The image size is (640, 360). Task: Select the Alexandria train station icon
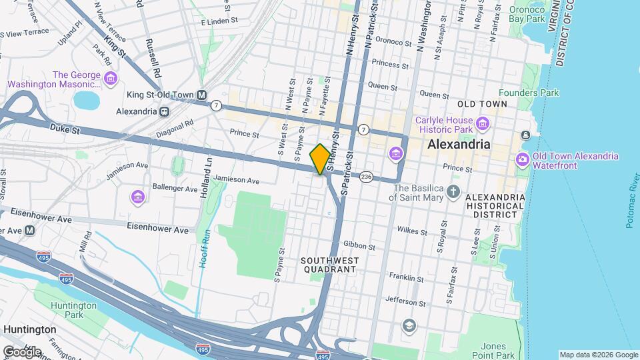tap(163, 111)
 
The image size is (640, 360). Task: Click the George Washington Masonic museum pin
tap(111, 80)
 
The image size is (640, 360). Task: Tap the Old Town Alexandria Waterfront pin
tap(523, 161)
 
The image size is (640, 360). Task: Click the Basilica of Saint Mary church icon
tap(453, 193)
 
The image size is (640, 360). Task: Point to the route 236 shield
tap(366, 177)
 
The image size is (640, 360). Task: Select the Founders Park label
tap(530, 93)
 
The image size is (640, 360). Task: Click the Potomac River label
tap(631, 199)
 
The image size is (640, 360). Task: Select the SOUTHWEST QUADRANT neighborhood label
tap(330, 265)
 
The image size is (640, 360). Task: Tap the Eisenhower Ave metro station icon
tap(29, 231)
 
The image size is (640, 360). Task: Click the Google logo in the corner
tap(22, 351)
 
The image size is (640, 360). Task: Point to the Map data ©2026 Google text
tap(598, 355)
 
